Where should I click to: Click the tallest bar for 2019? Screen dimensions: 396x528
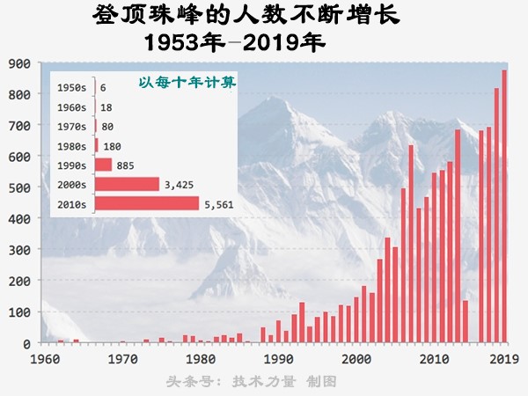pos(504,207)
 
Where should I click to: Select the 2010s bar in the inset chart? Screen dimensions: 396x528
pos(146,204)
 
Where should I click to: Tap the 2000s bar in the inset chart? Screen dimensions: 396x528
pos(127,185)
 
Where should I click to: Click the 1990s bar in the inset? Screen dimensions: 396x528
pos(103,165)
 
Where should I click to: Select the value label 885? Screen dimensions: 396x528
pos(128,165)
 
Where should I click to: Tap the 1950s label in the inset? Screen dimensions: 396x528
pos(70,88)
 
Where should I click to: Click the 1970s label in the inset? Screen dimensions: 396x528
pos(70,127)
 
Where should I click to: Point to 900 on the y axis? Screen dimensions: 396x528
pos(20,63)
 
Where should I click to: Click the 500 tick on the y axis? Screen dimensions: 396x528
pos(20,187)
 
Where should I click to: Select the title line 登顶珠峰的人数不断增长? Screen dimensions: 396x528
pos(220,18)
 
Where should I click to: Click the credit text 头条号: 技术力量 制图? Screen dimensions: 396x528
pos(252,382)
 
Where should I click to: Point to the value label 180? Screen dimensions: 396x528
pos(114,146)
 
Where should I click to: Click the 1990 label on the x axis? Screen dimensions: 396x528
pos(278,359)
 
